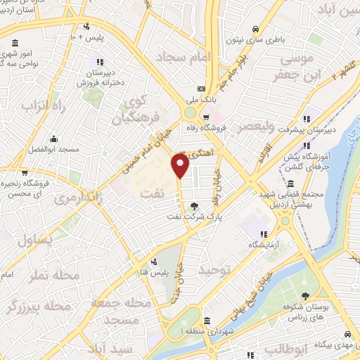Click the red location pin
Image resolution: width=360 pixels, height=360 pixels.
point(181,166)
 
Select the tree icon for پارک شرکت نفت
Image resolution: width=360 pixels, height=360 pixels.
point(194,207)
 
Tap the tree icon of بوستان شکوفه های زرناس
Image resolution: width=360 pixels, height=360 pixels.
point(304,296)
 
